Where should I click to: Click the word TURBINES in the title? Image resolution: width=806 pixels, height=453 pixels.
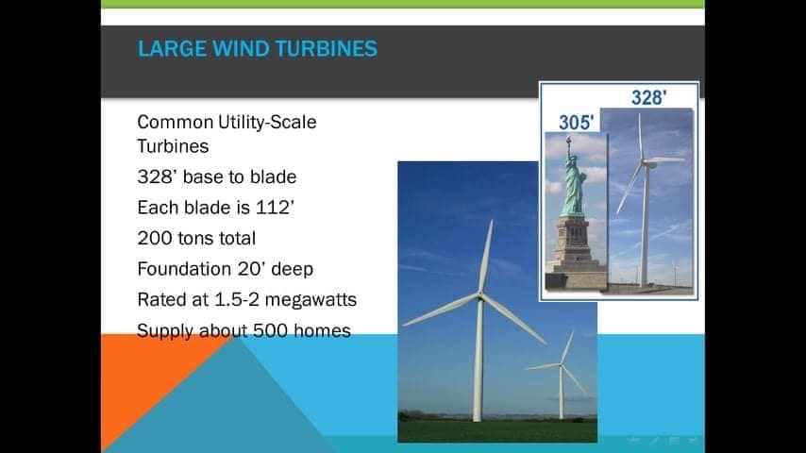(326, 49)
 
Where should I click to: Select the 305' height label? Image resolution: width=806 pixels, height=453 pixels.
(576, 123)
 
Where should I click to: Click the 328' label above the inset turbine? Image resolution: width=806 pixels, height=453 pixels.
(648, 98)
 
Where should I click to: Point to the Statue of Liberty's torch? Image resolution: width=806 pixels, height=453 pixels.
(568, 140)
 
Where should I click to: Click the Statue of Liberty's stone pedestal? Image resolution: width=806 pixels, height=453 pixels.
(576, 249)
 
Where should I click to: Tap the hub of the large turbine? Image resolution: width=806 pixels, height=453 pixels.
(480, 296)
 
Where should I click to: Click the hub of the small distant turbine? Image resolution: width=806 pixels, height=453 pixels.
(561, 365)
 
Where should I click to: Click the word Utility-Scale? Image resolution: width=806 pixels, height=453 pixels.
(267, 123)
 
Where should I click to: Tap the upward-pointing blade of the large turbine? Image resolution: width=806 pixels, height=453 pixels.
(486, 257)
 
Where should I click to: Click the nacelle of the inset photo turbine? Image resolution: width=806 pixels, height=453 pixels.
(648, 163)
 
